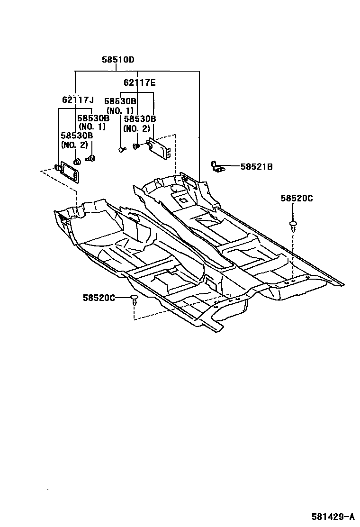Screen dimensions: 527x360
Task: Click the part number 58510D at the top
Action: click(118, 60)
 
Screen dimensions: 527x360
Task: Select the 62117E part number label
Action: click(139, 82)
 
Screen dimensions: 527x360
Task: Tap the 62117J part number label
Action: click(78, 100)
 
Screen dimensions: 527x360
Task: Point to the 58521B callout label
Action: click(256, 166)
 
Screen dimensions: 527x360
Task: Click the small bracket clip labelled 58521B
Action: click(217, 167)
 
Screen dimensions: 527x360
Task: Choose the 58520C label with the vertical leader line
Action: click(297, 199)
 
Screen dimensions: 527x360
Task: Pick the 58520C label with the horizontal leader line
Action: click(99, 298)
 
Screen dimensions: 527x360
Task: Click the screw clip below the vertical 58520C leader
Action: click(294, 225)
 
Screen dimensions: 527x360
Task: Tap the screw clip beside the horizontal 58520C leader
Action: click(135, 300)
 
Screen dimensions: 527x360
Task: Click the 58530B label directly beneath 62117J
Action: click(93, 118)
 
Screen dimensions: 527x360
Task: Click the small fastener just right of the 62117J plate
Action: click(90, 158)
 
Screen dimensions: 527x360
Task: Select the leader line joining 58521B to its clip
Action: click(231, 166)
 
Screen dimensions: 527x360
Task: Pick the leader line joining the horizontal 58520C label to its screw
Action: click(123, 298)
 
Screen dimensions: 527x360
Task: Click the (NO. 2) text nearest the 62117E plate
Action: click(136, 128)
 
